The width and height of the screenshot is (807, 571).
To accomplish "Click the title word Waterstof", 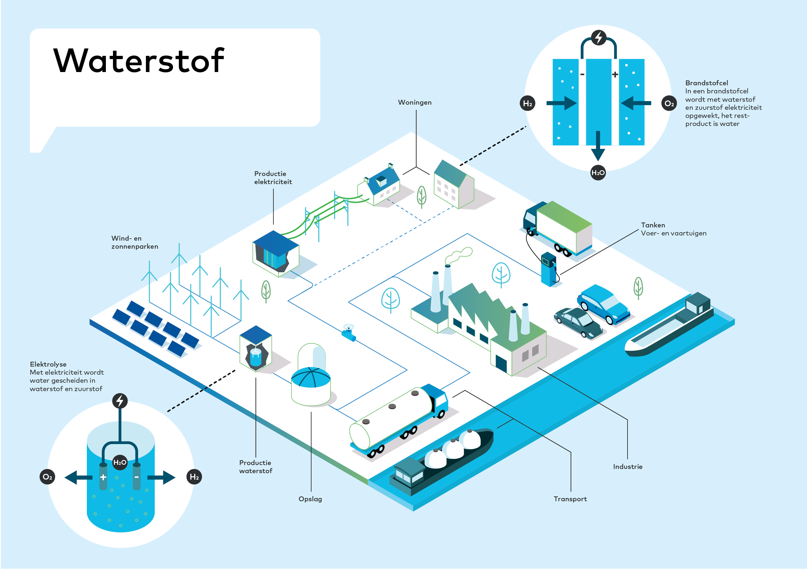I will pos(138,60).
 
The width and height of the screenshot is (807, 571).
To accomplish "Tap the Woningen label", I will pos(414,102).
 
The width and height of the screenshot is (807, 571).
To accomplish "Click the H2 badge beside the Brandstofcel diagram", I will pos(527,103).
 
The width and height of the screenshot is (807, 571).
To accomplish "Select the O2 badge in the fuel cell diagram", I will pos(669,103).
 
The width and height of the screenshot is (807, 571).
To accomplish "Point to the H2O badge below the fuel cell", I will pos(598,173).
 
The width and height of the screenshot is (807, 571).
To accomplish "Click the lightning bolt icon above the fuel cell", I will pos(598,37).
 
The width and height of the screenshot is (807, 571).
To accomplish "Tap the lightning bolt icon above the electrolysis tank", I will pos(120,400).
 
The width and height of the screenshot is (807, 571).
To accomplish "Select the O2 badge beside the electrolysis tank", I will pos(47,477).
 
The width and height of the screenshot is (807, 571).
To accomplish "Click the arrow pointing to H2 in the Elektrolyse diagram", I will pos(161,477).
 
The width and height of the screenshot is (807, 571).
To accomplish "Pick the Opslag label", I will pos(310,499).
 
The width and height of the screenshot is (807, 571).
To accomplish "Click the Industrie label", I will pos(628,467).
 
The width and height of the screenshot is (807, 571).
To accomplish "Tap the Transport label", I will pos(570,499).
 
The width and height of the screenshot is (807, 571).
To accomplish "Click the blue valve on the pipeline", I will pos(349,333).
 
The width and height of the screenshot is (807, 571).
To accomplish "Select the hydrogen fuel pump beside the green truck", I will pos(548,269).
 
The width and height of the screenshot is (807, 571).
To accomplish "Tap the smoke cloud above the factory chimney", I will pos(459,255).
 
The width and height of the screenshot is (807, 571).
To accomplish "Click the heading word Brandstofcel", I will pos(707,83).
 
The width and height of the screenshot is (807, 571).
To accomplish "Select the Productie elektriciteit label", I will pos(273,178).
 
